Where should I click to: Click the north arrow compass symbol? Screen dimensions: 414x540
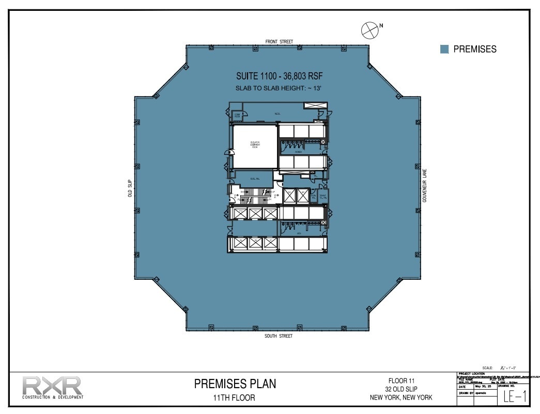pyautogui.click(x=369, y=30)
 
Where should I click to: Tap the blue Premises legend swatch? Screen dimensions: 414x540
pyautogui.click(x=444, y=49)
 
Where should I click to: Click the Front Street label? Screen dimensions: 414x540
pyautogui.click(x=279, y=41)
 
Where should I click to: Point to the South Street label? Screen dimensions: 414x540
pyautogui.click(x=279, y=336)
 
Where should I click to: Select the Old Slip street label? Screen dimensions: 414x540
pyautogui.click(x=130, y=188)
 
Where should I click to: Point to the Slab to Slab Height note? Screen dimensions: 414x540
pyautogui.click(x=279, y=88)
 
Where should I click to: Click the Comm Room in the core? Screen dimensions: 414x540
pyautogui.click(x=237, y=116)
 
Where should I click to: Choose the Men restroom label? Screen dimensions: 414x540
pyautogui.click(x=299, y=233)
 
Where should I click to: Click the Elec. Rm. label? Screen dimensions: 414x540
pyautogui.click(x=254, y=179)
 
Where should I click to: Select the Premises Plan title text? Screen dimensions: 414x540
pyautogui.click(x=235, y=384)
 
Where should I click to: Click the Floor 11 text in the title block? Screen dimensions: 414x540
pyautogui.click(x=401, y=380)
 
